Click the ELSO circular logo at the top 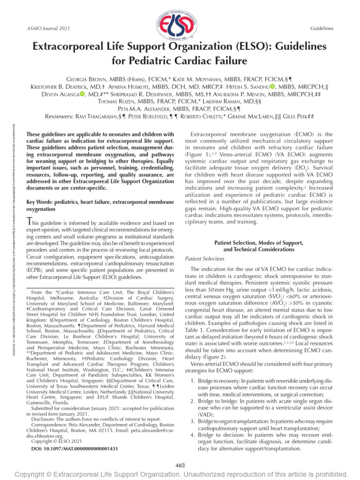180,22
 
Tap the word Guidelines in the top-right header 322,29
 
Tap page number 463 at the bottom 180,465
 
